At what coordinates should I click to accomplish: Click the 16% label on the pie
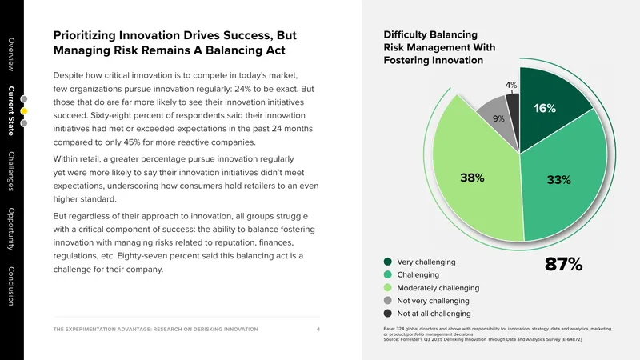point(545,108)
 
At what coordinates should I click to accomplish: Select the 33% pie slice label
point(558,179)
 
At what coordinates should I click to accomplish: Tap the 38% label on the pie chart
point(472,178)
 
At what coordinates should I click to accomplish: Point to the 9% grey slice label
point(498,118)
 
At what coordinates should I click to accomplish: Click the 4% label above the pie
point(511,85)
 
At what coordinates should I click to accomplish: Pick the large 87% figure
point(564,264)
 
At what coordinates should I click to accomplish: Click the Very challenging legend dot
point(388,262)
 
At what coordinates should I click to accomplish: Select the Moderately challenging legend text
point(438,288)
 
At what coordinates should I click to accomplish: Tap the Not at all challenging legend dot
point(388,313)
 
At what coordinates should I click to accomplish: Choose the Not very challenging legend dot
point(388,301)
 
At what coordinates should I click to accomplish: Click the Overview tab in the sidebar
point(11,54)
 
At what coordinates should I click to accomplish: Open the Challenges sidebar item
point(11,171)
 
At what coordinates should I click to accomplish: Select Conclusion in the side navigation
point(11,286)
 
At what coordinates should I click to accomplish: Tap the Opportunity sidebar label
point(11,229)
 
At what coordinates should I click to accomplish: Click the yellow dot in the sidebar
point(24,111)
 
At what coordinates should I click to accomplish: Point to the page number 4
point(318,329)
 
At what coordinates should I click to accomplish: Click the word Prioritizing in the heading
point(84,35)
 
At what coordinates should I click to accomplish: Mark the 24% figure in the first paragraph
point(242,89)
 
